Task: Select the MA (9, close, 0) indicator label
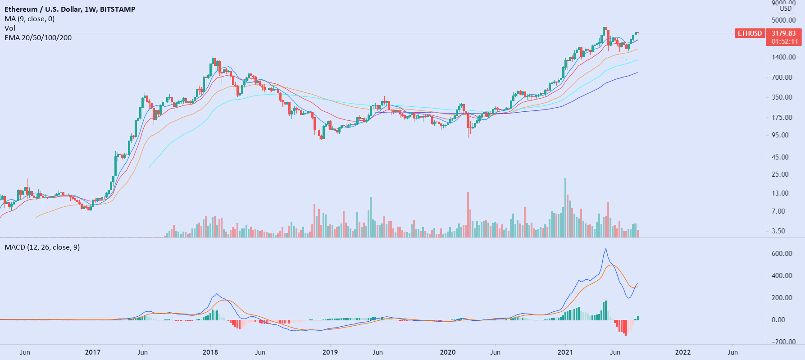[30, 18]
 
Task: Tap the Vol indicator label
[10, 28]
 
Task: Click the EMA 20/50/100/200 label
[38, 37]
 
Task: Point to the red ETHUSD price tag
[750, 33]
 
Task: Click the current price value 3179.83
[783, 33]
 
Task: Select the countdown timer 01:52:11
[784, 41]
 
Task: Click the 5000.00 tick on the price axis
[783, 20]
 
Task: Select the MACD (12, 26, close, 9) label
[42, 247]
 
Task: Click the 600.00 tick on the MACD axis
[782, 254]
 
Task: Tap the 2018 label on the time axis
[210, 352]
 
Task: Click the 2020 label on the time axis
[447, 352]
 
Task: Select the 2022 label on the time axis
[683, 352]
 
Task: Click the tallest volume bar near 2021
[565, 207]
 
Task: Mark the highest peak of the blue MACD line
[605, 249]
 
